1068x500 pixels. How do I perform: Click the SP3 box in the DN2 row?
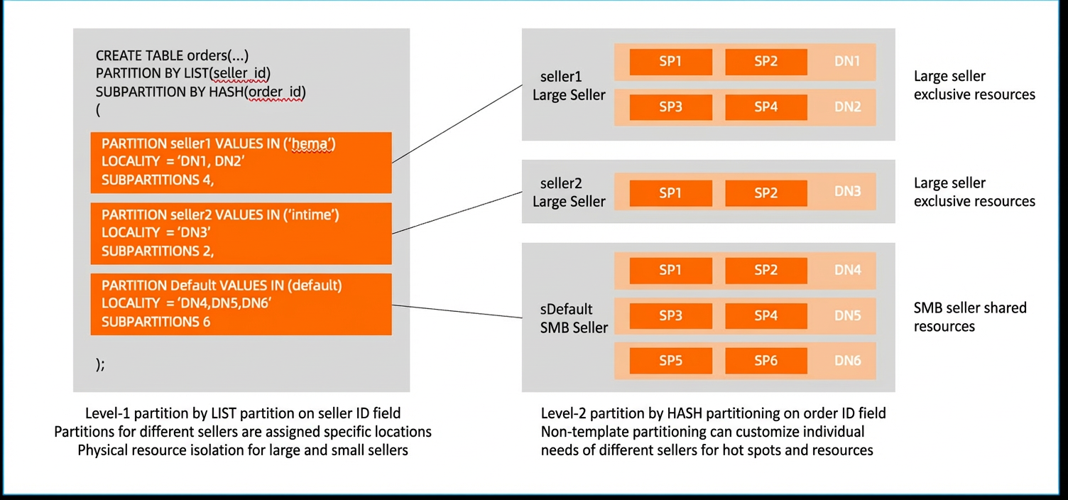click(670, 107)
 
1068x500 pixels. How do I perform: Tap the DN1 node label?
click(847, 61)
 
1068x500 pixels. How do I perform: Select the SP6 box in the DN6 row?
click(766, 361)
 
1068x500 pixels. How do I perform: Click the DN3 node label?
click(847, 192)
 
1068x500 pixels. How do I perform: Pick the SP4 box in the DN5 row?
click(766, 315)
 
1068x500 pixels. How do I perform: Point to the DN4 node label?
click(847, 271)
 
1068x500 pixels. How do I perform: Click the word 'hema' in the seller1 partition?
click(311, 144)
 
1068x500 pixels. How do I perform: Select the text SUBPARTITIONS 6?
click(156, 322)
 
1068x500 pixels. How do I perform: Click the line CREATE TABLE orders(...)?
click(172, 56)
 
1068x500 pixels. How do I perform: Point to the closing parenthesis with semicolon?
click(100, 364)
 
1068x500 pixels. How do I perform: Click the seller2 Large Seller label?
click(569, 192)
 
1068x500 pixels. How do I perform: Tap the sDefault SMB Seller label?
click(574, 318)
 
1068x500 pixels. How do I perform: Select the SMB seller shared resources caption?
click(970, 317)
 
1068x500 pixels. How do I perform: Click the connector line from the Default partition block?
click(457, 311)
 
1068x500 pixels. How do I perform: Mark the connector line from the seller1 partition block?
click(457, 124)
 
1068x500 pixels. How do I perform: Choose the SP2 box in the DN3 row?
click(766, 193)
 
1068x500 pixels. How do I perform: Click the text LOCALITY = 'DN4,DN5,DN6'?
click(187, 304)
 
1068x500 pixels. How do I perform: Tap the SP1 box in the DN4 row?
click(670, 271)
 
